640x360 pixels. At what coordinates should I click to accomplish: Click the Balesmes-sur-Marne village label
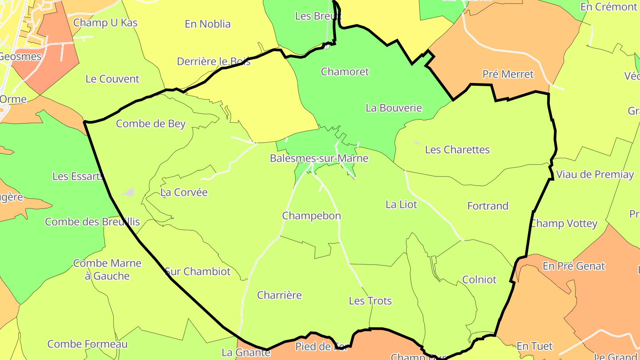319,158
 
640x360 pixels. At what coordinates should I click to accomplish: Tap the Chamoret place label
345,72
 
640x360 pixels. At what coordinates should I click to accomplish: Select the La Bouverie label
394,108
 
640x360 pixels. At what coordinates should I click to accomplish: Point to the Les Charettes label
457,150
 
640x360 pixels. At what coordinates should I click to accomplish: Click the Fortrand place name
488,206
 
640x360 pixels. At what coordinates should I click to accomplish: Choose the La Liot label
401,204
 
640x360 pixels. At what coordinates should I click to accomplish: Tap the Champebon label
312,216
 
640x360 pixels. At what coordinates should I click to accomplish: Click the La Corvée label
184,192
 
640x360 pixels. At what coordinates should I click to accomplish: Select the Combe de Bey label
151,124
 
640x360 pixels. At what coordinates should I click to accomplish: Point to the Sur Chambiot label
198,271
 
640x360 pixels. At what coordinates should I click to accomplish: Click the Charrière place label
280,295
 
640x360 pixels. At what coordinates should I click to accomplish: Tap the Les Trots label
370,301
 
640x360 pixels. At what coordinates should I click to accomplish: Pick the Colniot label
480,280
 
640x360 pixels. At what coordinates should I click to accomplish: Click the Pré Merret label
508,74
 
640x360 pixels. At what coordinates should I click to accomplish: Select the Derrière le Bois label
213,61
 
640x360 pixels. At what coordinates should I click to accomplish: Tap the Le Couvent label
112,79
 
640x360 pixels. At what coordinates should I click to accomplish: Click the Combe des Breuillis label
92,222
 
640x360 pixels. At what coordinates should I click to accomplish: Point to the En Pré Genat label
574,266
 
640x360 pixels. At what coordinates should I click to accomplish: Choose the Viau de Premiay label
595,175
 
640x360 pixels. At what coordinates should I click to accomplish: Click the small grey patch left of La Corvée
129,192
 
